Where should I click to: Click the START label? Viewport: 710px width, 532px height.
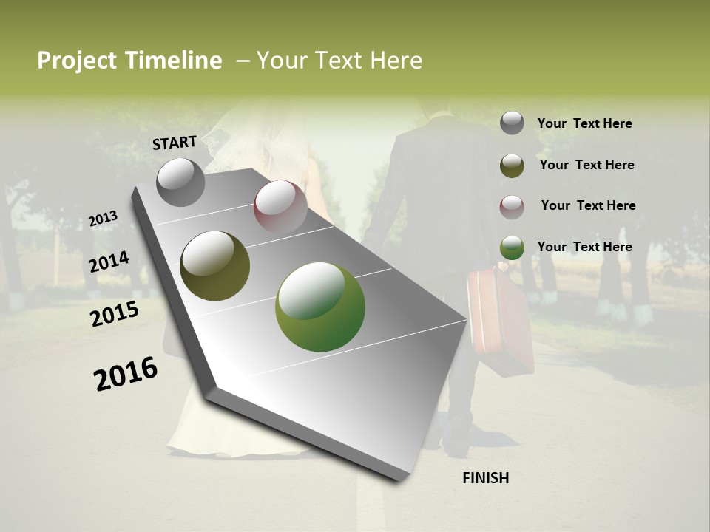coord(175,143)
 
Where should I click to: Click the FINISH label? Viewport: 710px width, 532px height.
coord(486,478)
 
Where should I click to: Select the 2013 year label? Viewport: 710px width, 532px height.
coord(103,218)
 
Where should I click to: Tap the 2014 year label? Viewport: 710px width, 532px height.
coord(109,262)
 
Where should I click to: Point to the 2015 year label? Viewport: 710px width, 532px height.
coord(115,314)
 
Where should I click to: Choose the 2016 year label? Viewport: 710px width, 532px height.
coord(126,374)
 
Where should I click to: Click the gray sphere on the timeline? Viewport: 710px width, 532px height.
coord(181,182)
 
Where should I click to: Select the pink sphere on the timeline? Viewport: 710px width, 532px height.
coord(280,206)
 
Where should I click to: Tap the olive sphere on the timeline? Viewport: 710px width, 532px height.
coord(215,266)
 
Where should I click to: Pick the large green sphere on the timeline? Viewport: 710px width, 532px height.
coord(320,307)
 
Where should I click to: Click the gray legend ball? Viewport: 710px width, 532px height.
coord(512,123)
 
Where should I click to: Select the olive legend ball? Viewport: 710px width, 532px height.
coord(512,166)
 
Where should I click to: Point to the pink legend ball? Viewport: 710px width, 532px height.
coord(512,207)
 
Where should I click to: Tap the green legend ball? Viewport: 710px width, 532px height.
coord(512,248)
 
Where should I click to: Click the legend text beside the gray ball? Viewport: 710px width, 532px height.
coord(584,123)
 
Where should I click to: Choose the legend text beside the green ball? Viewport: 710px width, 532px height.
coord(584,247)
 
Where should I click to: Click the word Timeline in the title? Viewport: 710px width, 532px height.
coord(174,61)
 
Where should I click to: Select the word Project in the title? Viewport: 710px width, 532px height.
coord(77,61)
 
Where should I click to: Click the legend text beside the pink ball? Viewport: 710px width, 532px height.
coord(588,205)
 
